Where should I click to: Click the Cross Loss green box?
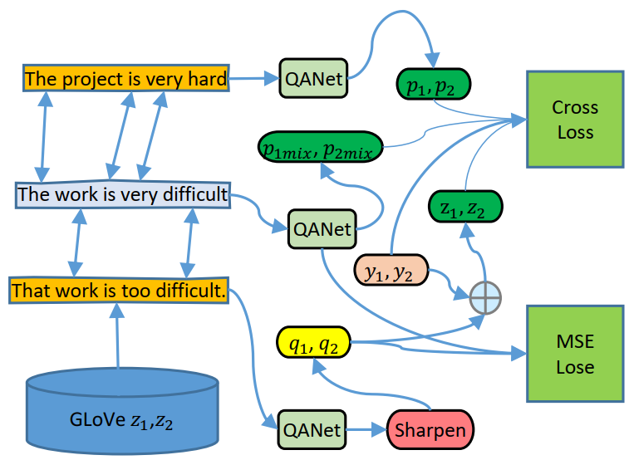click(x=574, y=120)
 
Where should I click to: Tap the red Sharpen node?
click(x=430, y=430)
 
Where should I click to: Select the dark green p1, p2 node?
click(x=433, y=84)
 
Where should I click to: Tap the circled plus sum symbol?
click(x=485, y=296)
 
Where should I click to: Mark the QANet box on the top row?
click(x=313, y=80)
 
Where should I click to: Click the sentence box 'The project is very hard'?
click(x=125, y=80)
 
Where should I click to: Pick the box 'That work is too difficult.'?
click(x=118, y=291)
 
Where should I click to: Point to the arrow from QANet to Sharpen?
click(x=365, y=430)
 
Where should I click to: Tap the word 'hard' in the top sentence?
click(x=207, y=80)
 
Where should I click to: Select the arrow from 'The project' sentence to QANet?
click(x=253, y=80)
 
